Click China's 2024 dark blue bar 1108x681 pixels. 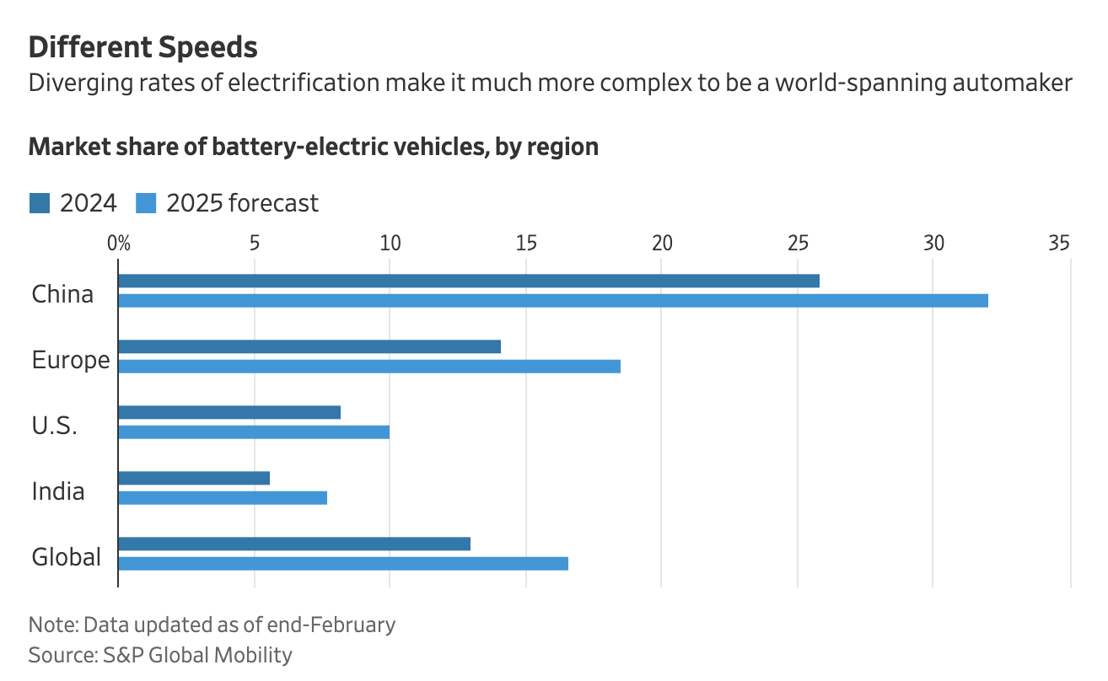coord(469,281)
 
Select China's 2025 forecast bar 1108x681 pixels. coord(553,300)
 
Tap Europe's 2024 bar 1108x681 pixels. coord(309,346)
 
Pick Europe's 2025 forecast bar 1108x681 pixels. coord(369,366)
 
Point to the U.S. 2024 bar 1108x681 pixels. coord(229,412)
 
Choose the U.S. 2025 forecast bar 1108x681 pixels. coord(254,432)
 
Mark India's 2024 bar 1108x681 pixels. coord(194,478)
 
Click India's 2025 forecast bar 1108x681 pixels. coord(223,497)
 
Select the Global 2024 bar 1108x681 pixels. coord(294,544)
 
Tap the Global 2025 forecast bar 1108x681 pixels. coord(343,563)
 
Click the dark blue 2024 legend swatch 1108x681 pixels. coord(40,203)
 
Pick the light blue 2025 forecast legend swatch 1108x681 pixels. coord(146,203)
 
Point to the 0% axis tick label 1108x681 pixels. coord(119,244)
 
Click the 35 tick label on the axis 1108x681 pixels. coord(1059,244)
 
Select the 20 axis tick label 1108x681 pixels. coord(662,244)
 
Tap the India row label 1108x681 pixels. coord(58,491)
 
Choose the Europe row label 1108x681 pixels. coord(71,360)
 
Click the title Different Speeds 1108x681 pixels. coord(143,47)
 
